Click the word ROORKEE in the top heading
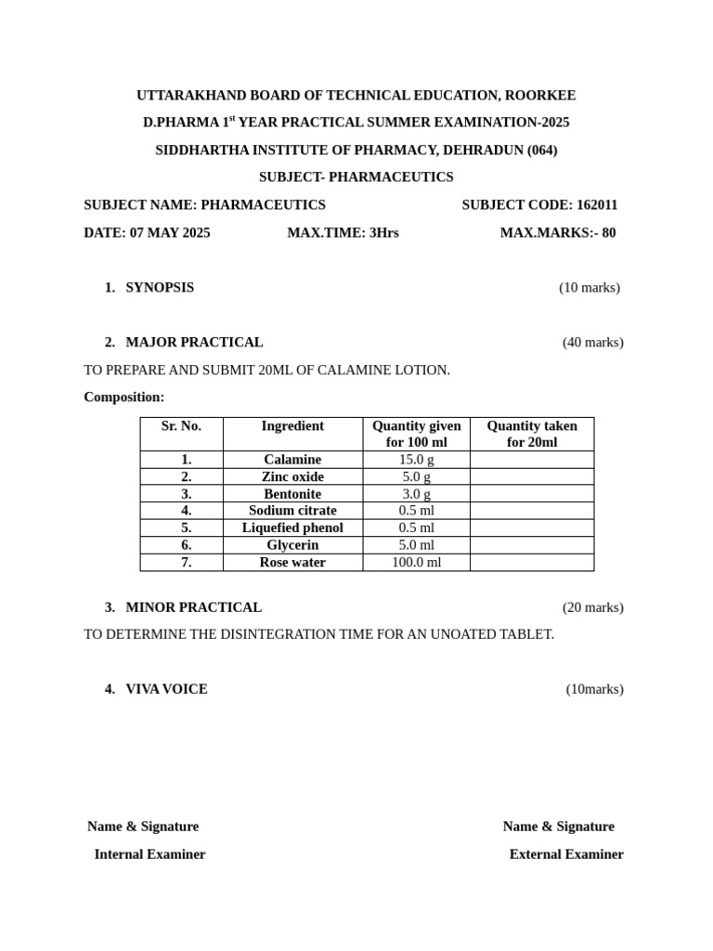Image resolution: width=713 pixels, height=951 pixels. tap(540, 96)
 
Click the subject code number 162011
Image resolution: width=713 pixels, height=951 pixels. tap(597, 205)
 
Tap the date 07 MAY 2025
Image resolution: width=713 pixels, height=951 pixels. tap(170, 233)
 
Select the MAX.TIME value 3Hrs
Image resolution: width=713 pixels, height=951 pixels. tap(384, 233)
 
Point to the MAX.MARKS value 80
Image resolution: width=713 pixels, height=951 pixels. tap(608, 233)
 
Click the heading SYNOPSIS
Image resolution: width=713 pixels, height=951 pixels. tap(160, 288)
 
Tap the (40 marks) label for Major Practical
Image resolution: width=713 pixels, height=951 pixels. tap(592, 343)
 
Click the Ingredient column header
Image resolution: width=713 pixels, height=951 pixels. tap(292, 426)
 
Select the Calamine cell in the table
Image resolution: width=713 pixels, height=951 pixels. tap(292, 460)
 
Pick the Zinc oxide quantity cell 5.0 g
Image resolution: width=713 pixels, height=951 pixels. tap(416, 477)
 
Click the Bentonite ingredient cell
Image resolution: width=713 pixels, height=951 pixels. tap(292, 494)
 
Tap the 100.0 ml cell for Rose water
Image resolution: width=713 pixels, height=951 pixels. tap(416, 563)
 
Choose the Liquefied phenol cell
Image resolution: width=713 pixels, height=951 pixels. tap(292, 528)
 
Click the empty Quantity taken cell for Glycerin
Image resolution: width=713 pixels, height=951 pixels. tap(531, 545)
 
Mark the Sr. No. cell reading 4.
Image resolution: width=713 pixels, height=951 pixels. tap(186, 511)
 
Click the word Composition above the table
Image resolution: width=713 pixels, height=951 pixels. tap(123, 397)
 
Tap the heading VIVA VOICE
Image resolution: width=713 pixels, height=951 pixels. tap(166, 689)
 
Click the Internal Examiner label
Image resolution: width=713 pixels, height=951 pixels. tap(149, 854)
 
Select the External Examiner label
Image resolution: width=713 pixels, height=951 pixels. tap(566, 854)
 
